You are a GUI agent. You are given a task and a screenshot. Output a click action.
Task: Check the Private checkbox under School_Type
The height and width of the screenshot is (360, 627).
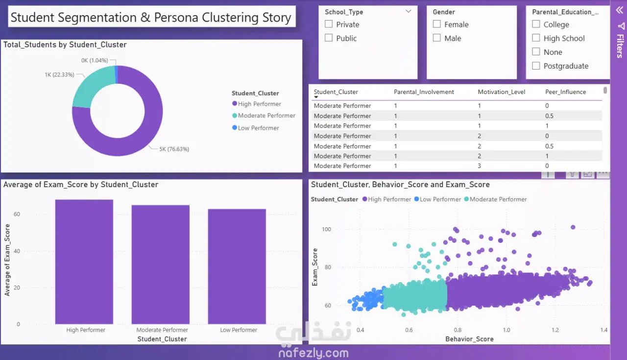coord(329,24)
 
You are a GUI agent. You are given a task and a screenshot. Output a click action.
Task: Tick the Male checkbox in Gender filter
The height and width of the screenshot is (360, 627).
coord(436,38)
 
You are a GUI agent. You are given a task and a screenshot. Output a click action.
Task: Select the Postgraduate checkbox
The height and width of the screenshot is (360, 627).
coord(536,66)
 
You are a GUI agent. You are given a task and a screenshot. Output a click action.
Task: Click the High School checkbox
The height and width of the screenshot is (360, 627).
coord(536,38)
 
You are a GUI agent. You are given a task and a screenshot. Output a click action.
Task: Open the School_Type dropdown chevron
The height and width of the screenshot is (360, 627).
coord(409,11)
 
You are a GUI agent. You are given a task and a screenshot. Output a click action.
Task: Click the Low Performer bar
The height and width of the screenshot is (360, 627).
coord(237,266)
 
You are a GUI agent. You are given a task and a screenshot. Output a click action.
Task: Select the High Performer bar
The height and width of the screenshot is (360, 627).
coord(84,262)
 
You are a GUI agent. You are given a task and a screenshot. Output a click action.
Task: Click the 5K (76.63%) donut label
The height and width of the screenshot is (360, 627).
coord(174,149)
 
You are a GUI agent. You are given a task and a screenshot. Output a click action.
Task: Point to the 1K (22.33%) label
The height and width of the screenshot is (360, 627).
coord(59,75)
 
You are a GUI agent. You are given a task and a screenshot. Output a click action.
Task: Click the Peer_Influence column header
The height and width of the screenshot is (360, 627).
coord(565,92)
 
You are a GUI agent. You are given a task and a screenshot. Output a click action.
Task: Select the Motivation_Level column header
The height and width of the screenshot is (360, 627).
coord(501,92)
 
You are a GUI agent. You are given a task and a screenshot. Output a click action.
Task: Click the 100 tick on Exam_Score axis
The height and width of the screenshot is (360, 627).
coord(326,229)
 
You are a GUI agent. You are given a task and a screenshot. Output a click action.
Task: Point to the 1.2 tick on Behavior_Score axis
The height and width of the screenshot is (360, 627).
coord(555,330)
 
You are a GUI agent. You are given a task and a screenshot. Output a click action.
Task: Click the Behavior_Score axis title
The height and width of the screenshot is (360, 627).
coord(469,339)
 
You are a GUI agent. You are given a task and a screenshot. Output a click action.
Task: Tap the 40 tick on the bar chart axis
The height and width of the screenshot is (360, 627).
coord(17,251)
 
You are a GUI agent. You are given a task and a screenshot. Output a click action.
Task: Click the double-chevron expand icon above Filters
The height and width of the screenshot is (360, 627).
coord(619,10)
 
